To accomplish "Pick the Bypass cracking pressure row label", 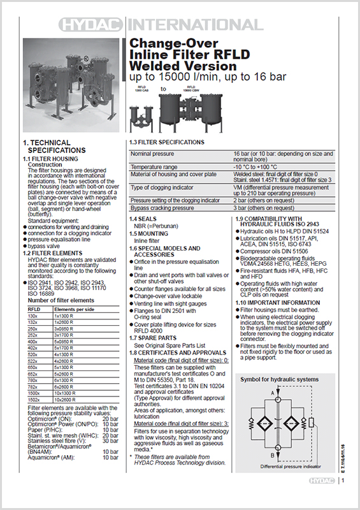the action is click(162, 208).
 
